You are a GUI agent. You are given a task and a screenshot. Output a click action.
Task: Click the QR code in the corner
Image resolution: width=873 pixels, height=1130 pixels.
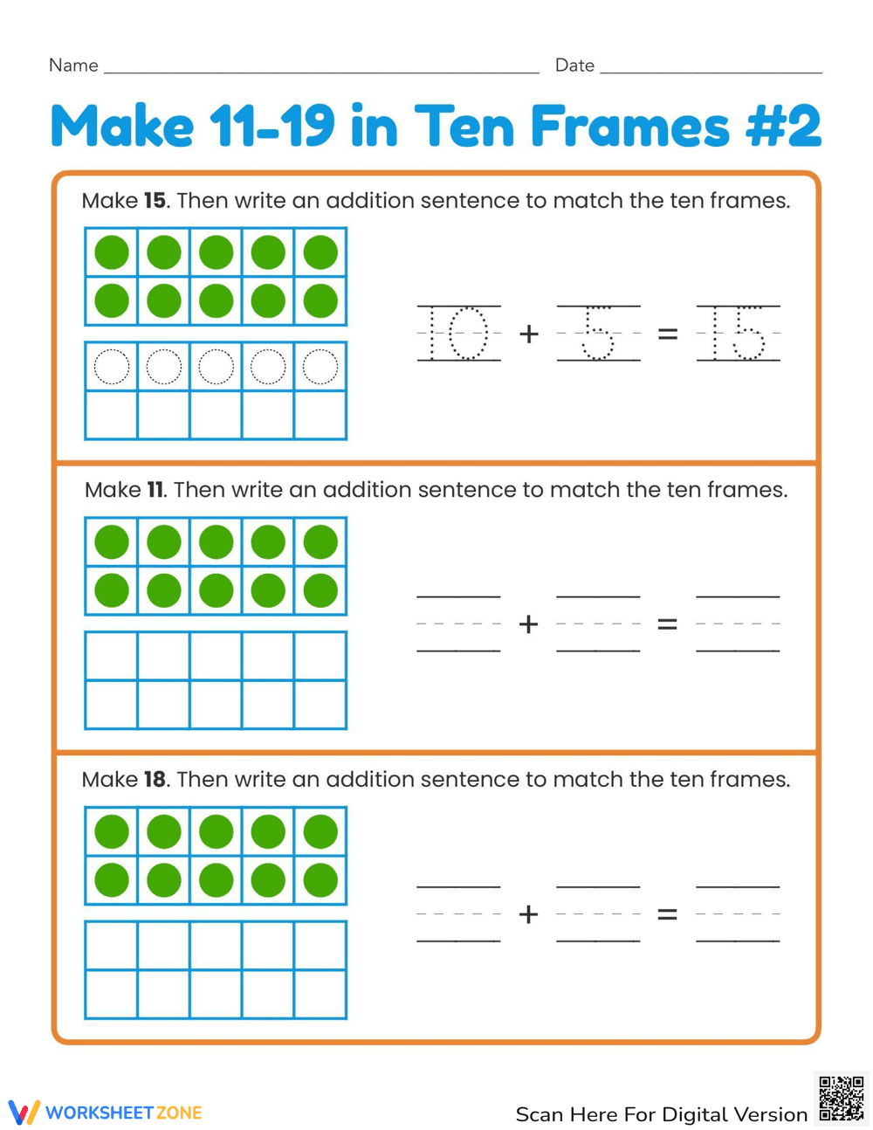(x=842, y=1099)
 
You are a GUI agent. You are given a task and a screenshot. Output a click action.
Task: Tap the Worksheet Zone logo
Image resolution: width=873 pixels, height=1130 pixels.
(x=105, y=1113)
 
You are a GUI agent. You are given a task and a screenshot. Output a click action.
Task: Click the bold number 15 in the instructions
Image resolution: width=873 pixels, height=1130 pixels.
(x=155, y=201)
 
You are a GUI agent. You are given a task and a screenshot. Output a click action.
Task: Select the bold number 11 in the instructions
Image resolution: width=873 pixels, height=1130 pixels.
(x=155, y=490)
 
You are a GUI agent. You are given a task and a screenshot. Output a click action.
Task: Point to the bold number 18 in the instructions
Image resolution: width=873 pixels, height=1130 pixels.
(x=155, y=779)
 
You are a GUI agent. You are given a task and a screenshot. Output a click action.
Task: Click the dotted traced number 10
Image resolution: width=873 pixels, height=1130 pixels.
(x=459, y=333)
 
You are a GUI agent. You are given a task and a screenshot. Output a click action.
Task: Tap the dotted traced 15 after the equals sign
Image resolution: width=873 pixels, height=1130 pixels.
(x=738, y=333)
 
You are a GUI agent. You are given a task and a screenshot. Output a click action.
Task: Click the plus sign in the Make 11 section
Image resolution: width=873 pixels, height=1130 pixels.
(x=528, y=624)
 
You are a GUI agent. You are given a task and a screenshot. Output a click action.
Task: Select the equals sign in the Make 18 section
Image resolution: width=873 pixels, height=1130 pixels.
(x=667, y=914)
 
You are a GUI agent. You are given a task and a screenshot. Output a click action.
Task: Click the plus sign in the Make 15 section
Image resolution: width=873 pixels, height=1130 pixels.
(x=528, y=334)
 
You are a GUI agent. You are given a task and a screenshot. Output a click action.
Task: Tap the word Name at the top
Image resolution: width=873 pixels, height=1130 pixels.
(x=73, y=65)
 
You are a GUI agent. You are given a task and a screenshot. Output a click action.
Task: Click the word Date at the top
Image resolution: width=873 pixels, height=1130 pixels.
(x=574, y=65)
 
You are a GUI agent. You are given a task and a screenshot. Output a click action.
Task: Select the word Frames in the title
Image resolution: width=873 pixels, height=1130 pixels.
(x=629, y=127)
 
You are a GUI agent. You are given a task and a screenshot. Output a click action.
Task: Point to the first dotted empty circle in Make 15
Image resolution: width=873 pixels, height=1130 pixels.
(x=112, y=367)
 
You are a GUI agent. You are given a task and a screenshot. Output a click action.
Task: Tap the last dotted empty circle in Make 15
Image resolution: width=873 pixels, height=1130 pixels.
(x=320, y=367)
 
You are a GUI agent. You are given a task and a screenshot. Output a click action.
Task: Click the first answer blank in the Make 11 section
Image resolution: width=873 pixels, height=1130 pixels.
(x=459, y=624)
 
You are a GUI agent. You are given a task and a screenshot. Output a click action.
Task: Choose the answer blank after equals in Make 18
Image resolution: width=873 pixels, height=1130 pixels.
(x=738, y=914)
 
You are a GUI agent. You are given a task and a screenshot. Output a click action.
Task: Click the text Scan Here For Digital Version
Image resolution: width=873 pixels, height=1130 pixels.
(x=661, y=1114)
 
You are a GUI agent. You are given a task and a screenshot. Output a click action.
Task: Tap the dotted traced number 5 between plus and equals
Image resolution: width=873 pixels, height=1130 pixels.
(x=598, y=333)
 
